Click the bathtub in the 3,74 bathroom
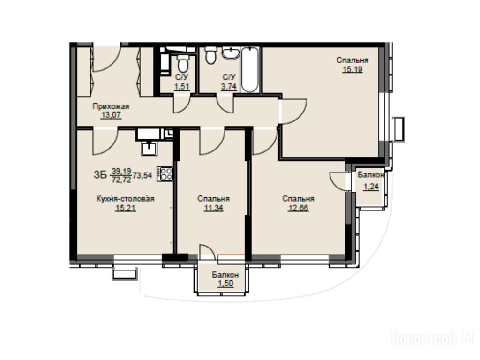tap(250, 69)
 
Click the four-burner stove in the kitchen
tap(165, 174)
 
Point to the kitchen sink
tap(150, 148)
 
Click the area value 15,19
tap(352, 69)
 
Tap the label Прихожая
tap(111, 106)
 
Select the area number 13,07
tap(111, 115)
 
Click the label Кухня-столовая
tap(126, 199)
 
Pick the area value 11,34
tap(214, 208)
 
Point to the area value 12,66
tap(298, 208)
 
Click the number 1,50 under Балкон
tap(225, 284)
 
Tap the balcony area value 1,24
tap(371, 187)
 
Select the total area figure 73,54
tap(142, 175)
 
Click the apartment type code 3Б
tap(100, 175)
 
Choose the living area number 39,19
tap(121, 171)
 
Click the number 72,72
tap(121, 180)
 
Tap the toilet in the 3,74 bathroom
tap(210, 55)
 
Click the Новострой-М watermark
tap(433, 338)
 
